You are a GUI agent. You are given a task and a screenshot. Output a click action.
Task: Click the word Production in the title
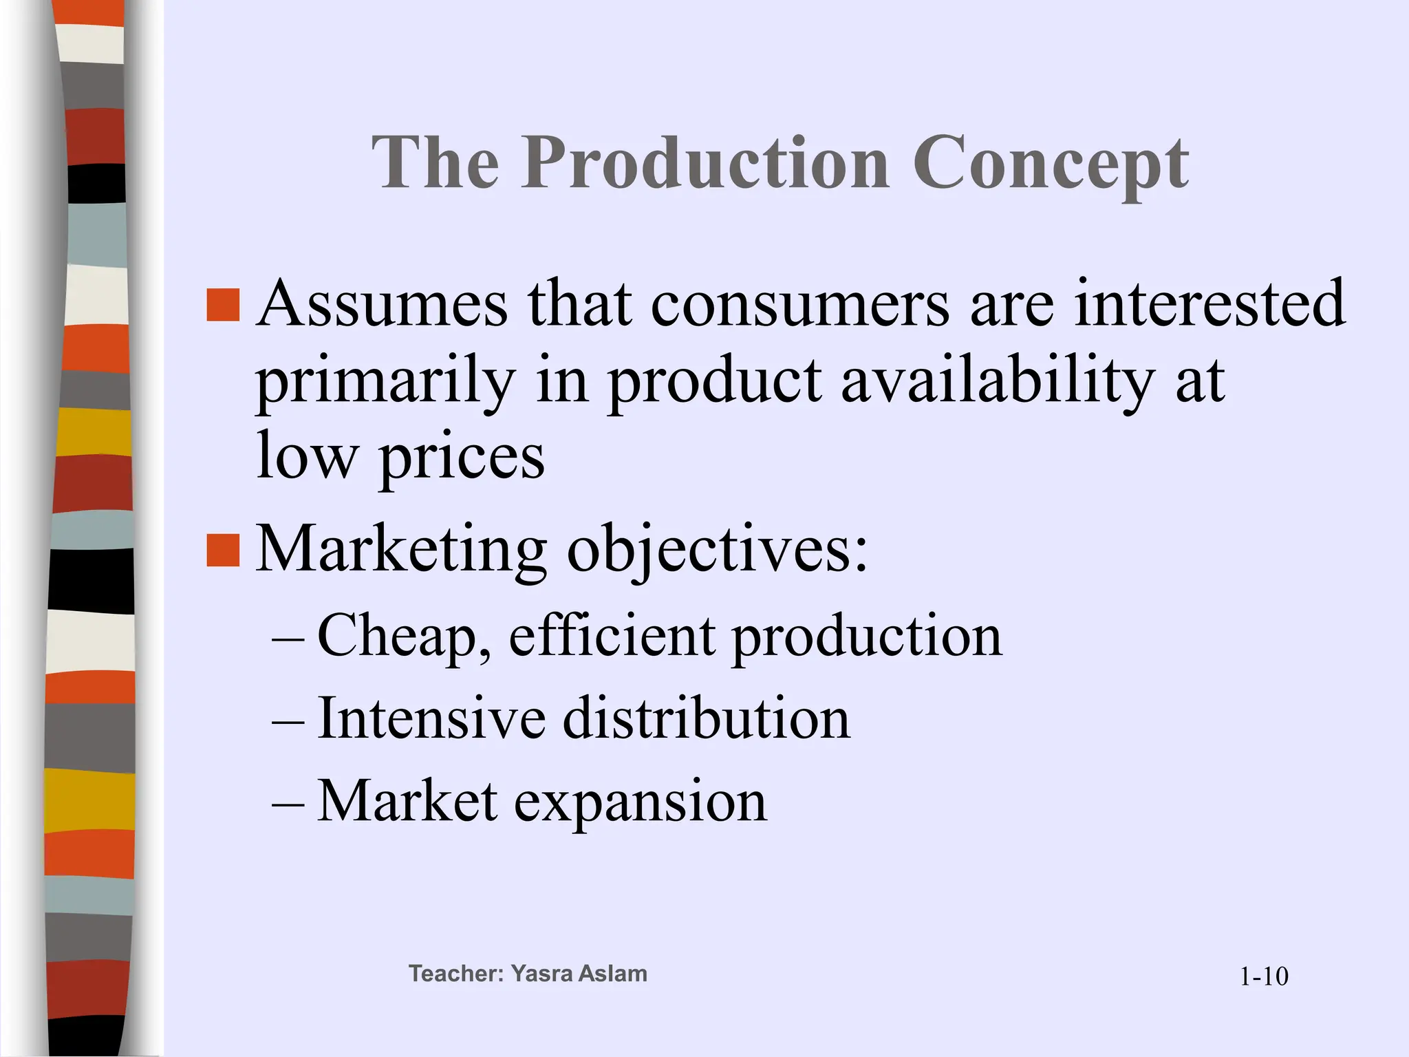(x=704, y=163)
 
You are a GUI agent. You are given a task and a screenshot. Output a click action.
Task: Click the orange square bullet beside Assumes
(x=223, y=305)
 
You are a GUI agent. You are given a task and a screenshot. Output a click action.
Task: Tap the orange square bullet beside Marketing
(x=223, y=551)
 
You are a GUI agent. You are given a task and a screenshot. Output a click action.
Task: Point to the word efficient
(x=612, y=637)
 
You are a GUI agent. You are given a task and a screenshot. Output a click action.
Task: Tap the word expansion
(x=640, y=802)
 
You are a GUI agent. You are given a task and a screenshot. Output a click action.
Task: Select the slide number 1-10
(x=1264, y=976)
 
